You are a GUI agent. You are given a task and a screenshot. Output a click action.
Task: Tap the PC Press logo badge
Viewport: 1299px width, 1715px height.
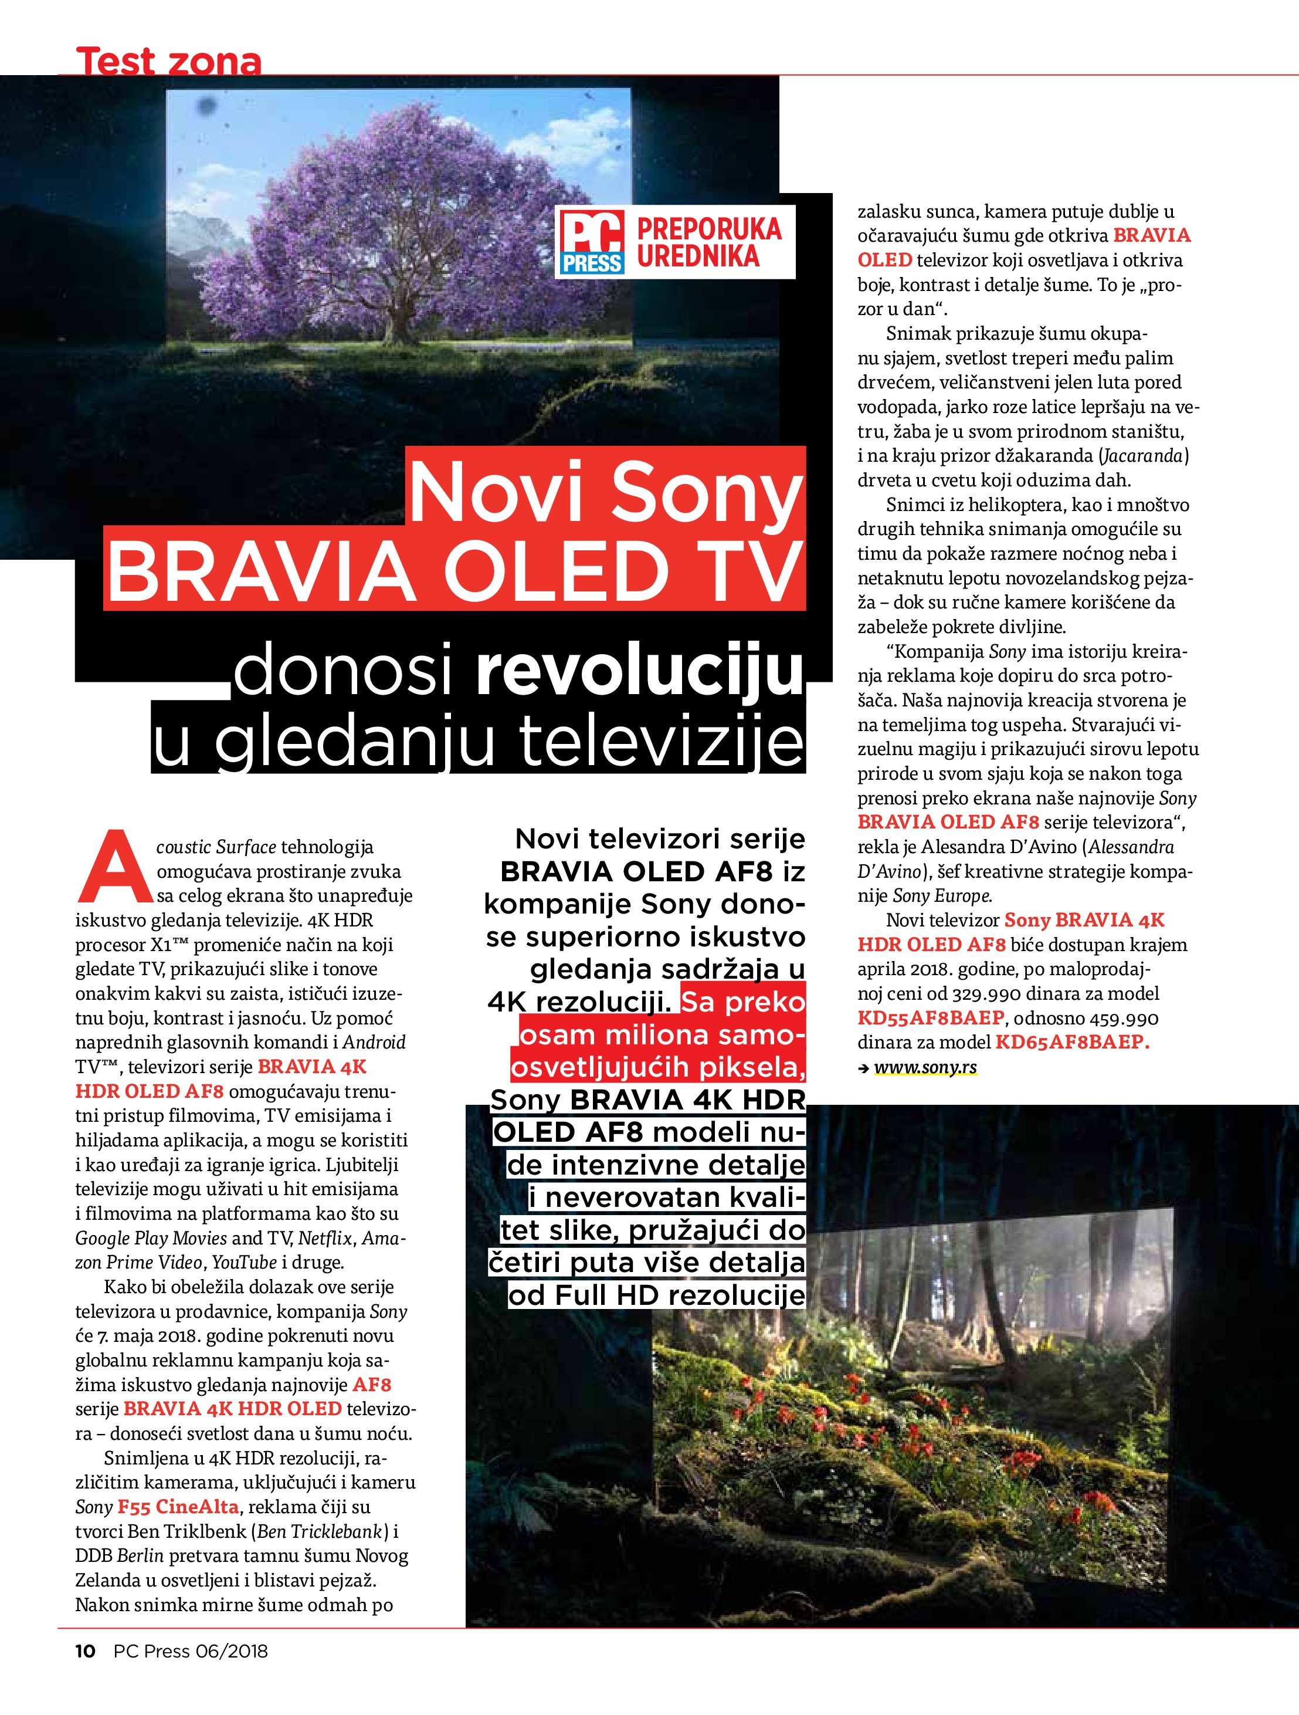coord(593,243)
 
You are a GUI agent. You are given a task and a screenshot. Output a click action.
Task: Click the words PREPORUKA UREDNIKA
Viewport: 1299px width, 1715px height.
coord(708,243)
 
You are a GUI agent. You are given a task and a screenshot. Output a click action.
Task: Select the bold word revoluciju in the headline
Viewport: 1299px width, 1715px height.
coord(639,672)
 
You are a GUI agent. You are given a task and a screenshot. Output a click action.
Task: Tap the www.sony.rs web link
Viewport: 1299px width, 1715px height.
coord(925,1068)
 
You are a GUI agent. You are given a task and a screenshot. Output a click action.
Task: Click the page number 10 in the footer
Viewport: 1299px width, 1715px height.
coord(84,1672)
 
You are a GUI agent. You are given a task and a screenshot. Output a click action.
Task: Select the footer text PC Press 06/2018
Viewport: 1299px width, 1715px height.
coord(191,1672)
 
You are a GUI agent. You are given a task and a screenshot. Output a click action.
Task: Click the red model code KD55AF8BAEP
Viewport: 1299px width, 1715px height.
coord(930,1018)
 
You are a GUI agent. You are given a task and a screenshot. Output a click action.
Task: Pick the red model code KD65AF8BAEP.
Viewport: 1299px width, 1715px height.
coord(1071,1043)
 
